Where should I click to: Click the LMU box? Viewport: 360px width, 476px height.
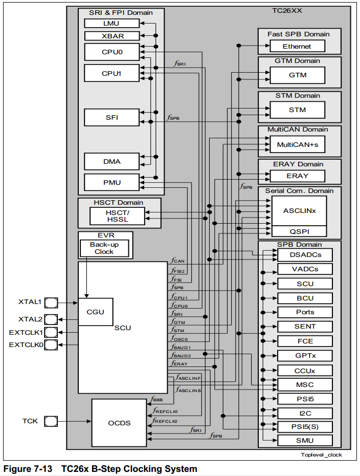[x=111, y=24]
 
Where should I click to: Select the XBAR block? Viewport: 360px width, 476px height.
[x=111, y=36]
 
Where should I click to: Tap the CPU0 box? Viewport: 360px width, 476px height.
[x=111, y=52]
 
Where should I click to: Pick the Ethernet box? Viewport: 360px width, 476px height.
[x=297, y=46]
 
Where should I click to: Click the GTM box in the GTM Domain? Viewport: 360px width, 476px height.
[x=297, y=75]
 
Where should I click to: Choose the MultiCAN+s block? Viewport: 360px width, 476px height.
[x=297, y=145]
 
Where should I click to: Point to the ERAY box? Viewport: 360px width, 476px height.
[x=297, y=176]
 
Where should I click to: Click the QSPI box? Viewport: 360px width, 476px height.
[x=299, y=231]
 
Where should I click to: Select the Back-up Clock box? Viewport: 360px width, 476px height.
[x=104, y=248]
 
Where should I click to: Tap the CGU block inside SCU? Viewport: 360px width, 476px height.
[x=95, y=312]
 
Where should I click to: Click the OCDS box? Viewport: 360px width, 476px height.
[x=119, y=423]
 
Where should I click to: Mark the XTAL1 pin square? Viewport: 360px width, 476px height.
[x=51, y=302]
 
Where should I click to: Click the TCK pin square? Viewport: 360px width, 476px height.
[x=51, y=421]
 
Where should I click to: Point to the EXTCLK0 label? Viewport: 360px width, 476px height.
[x=26, y=345]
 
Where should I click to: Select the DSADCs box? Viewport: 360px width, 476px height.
[x=304, y=254]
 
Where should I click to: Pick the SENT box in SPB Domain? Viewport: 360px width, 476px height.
[x=305, y=327]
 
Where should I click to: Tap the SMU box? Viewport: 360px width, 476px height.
[x=305, y=441]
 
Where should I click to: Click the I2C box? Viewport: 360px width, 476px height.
[x=305, y=413]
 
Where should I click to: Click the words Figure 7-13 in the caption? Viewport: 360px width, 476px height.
[x=28, y=469]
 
